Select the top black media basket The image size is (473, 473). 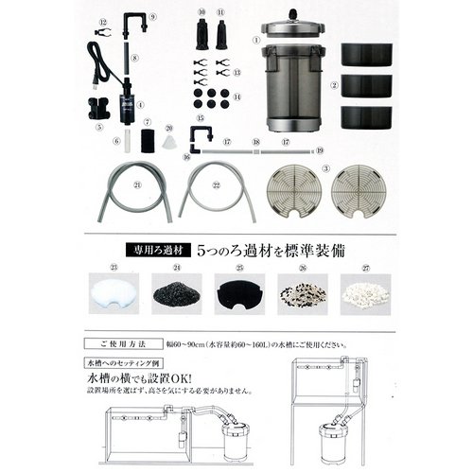367,53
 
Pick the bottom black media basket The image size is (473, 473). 367,117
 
